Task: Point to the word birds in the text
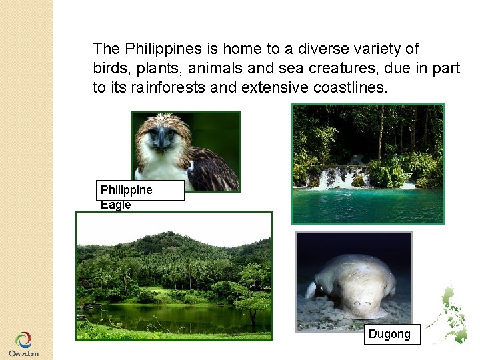coord(109,68)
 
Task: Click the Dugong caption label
coord(392,334)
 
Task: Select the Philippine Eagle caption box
coord(140,191)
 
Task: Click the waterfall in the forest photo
coord(337,177)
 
